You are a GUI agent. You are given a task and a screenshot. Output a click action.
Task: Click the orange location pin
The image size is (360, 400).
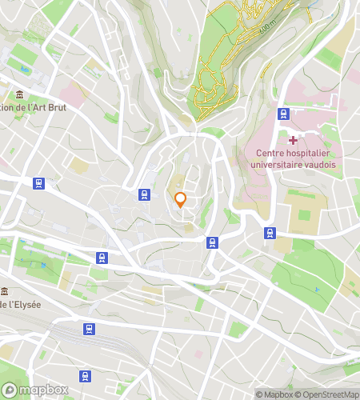click(181, 199)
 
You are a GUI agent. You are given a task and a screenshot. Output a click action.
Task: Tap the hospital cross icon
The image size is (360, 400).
click(293, 140)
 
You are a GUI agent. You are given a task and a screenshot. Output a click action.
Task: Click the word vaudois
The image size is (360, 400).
click(320, 164)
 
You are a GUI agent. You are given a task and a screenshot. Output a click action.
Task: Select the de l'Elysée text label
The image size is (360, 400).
click(21, 305)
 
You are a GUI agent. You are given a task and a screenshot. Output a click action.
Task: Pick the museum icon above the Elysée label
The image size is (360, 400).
click(6, 290)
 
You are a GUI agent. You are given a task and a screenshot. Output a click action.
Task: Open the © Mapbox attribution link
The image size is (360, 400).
click(274, 394)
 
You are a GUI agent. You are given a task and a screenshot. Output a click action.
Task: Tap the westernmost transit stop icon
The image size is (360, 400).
click(38, 183)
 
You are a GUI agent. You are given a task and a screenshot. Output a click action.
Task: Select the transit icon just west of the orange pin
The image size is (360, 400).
click(144, 194)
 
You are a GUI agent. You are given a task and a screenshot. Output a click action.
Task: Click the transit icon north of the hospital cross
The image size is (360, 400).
click(282, 114)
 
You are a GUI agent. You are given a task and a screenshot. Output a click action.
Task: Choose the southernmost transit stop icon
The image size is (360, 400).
click(85, 376)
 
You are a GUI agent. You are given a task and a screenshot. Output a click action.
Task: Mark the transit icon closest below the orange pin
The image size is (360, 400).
click(212, 242)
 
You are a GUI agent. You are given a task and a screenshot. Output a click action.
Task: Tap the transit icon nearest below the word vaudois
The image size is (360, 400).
click(270, 233)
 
